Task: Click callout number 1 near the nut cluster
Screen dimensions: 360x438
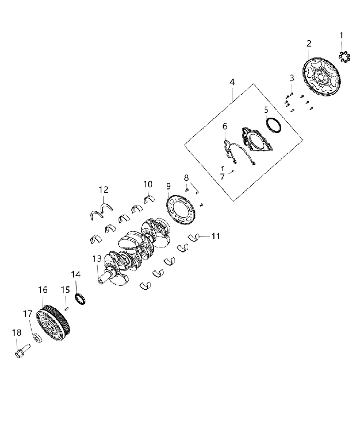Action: (x=341, y=36)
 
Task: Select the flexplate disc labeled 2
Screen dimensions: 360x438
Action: (x=322, y=76)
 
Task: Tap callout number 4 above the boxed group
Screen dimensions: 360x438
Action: (x=232, y=82)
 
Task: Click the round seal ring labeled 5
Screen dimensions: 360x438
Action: (x=274, y=125)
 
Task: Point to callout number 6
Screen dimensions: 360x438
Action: (x=225, y=126)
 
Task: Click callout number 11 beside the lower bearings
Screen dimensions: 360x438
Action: (x=216, y=237)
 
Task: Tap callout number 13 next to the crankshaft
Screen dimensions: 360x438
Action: (x=97, y=258)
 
